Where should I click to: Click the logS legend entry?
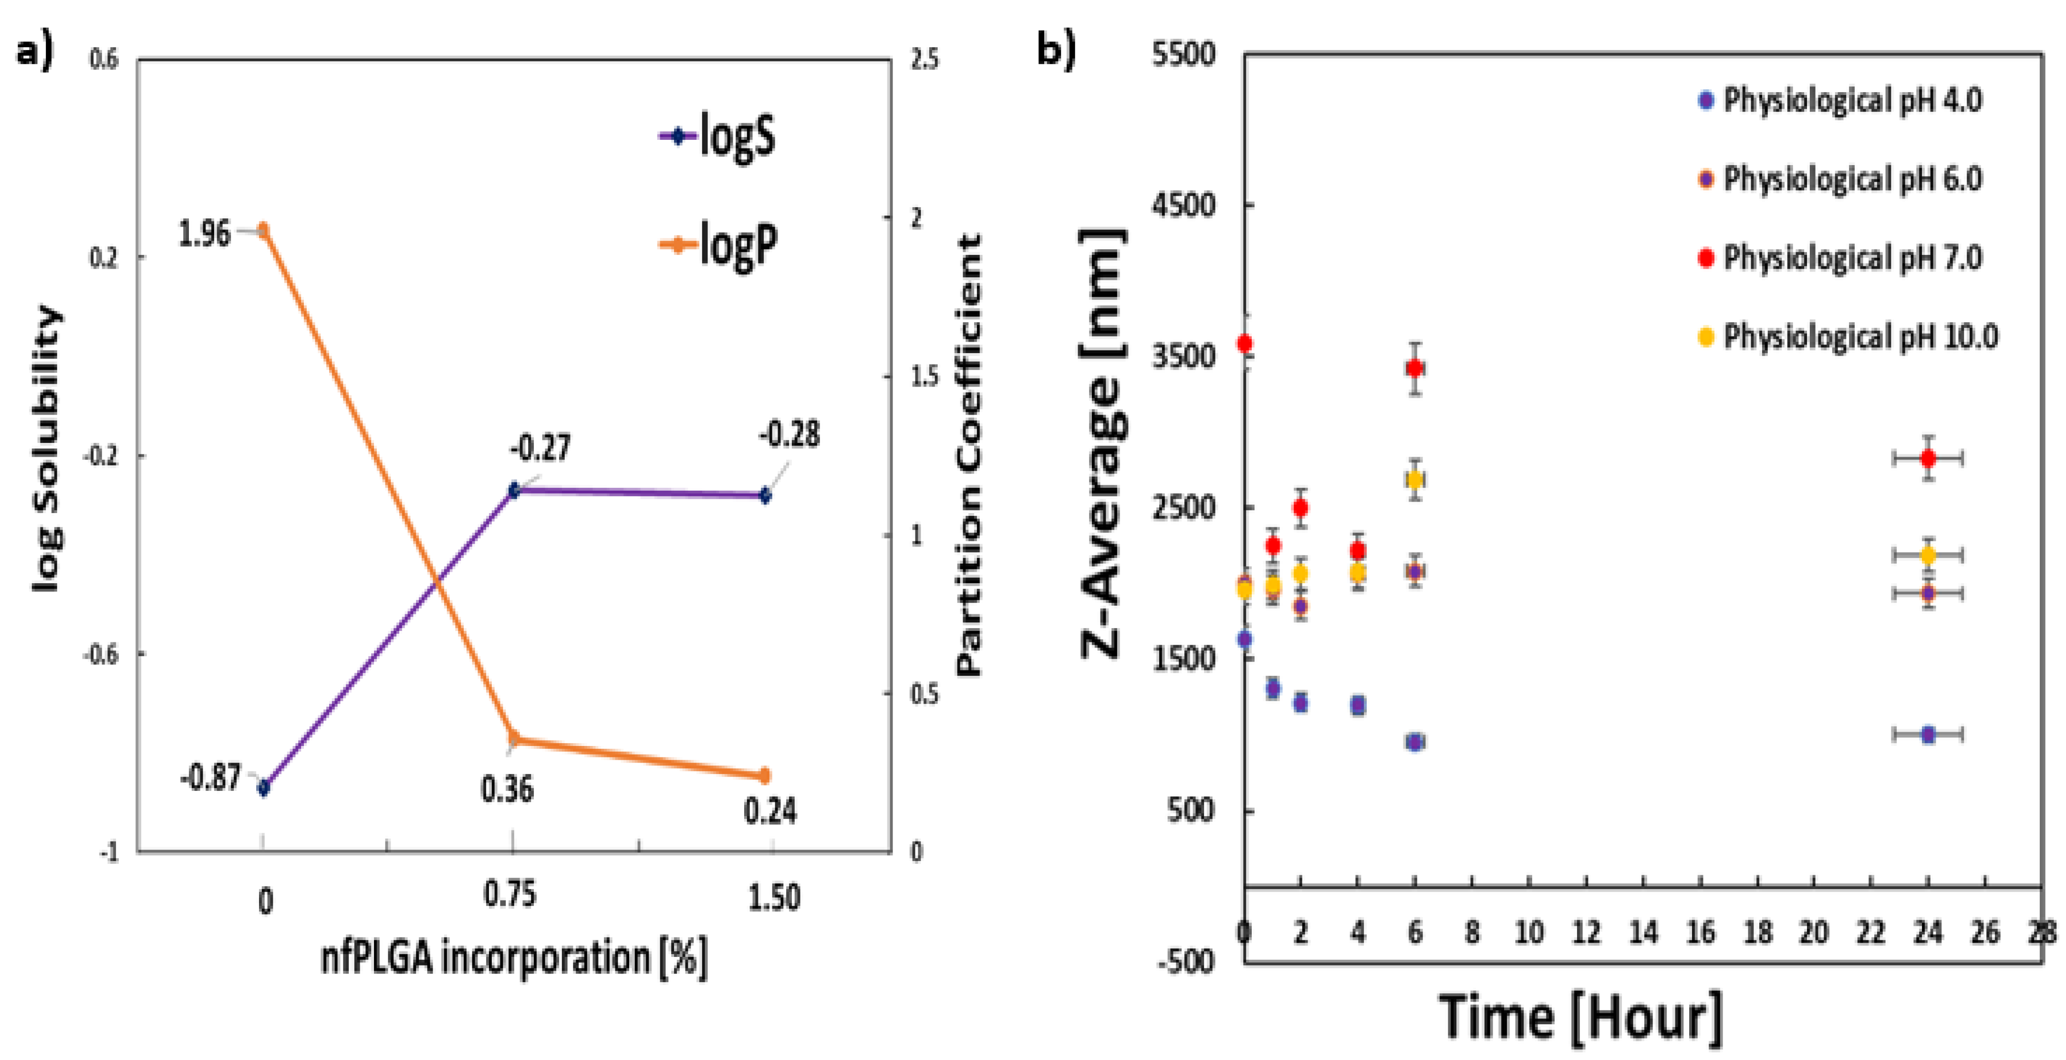click(718, 136)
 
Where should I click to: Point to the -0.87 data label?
click(210, 777)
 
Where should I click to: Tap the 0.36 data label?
click(507, 789)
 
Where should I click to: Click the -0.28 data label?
click(789, 435)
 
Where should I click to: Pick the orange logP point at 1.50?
click(764, 775)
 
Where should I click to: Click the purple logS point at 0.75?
click(514, 490)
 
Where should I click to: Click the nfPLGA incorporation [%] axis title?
click(514, 957)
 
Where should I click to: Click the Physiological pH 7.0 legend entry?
click(1841, 258)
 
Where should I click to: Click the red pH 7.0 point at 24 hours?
click(1928, 458)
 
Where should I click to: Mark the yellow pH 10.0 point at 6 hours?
click(1415, 480)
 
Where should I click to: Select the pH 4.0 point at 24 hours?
click(1928, 734)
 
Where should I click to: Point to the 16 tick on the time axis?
click(1700, 933)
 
